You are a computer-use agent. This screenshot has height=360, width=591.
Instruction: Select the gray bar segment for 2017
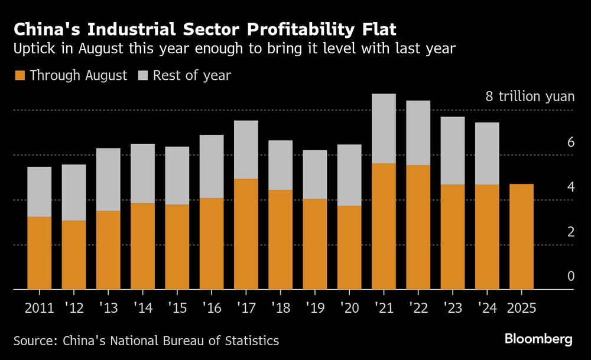coord(246,150)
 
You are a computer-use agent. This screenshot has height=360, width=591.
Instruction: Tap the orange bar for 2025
coord(521,236)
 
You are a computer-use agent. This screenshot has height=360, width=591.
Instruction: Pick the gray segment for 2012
coord(73,192)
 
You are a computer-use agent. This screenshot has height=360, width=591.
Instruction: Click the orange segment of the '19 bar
coord(314,244)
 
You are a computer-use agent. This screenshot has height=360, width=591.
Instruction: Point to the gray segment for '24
coord(487,154)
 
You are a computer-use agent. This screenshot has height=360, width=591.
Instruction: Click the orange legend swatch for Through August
coord(20,76)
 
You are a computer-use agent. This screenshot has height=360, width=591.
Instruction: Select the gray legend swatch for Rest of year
coord(143,76)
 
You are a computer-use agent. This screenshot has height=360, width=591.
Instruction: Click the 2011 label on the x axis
coord(39,307)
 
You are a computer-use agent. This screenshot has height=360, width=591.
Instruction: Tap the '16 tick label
coord(211,307)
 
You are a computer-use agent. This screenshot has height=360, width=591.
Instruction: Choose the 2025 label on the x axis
coord(521,307)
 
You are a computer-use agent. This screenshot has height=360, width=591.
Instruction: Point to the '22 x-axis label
coord(418,307)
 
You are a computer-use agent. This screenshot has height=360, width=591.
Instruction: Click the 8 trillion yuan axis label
coord(530,96)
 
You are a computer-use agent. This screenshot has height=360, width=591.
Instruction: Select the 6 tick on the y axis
coord(571,142)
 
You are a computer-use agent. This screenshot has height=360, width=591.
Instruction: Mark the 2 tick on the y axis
coord(571,232)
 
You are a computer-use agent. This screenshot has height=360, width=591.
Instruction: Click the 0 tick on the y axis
coord(571,276)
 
